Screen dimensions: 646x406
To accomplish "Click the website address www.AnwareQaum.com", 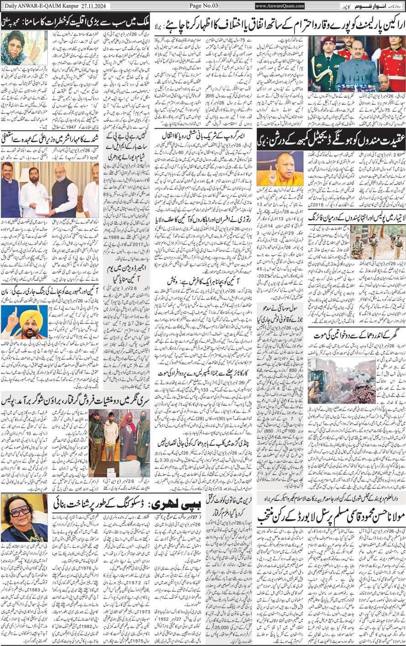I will click(280, 6).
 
